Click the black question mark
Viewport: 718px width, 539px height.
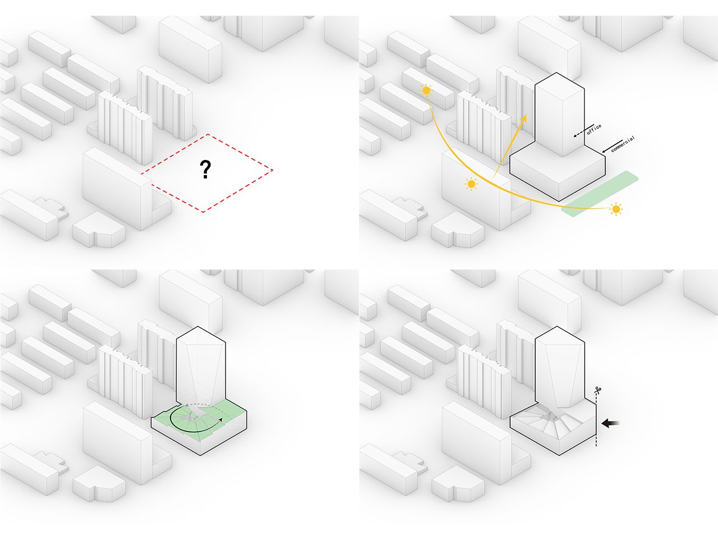click(x=205, y=169)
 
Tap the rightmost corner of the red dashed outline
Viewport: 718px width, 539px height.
click(x=273, y=170)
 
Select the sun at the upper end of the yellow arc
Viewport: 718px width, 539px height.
click(x=426, y=90)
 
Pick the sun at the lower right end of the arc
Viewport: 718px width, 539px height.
click(x=616, y=209)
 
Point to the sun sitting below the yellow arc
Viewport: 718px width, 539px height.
click(x=471, y=184)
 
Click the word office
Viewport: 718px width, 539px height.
click(x=594, y=129)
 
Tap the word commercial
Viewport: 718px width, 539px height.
click(x=623, y=144)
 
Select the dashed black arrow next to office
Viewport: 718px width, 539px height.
click(x=583, y=131)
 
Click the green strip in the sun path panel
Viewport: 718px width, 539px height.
click(x=600, y=193)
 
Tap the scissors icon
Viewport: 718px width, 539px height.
click(x=598, y=390)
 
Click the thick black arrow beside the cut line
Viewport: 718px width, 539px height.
click(x=610, y=423)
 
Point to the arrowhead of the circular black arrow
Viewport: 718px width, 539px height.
click(x=221, y=419)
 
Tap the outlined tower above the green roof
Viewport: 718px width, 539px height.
click(x=201, y=367)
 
